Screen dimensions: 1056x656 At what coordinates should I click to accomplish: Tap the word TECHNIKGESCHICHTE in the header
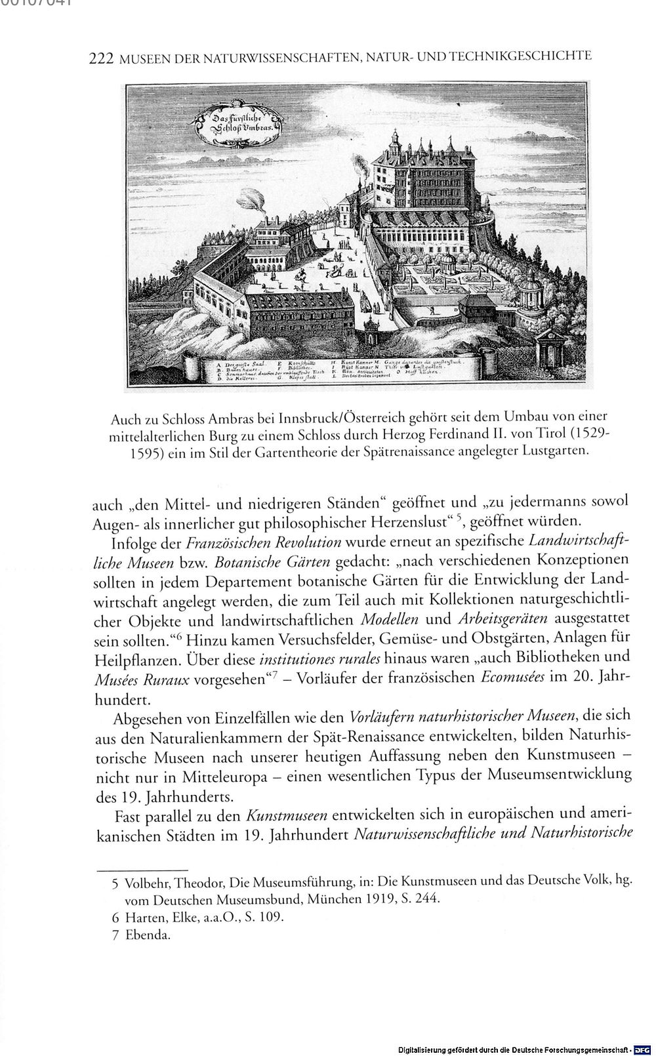(523, 56)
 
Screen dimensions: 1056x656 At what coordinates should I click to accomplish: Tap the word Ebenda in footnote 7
(148, 935)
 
